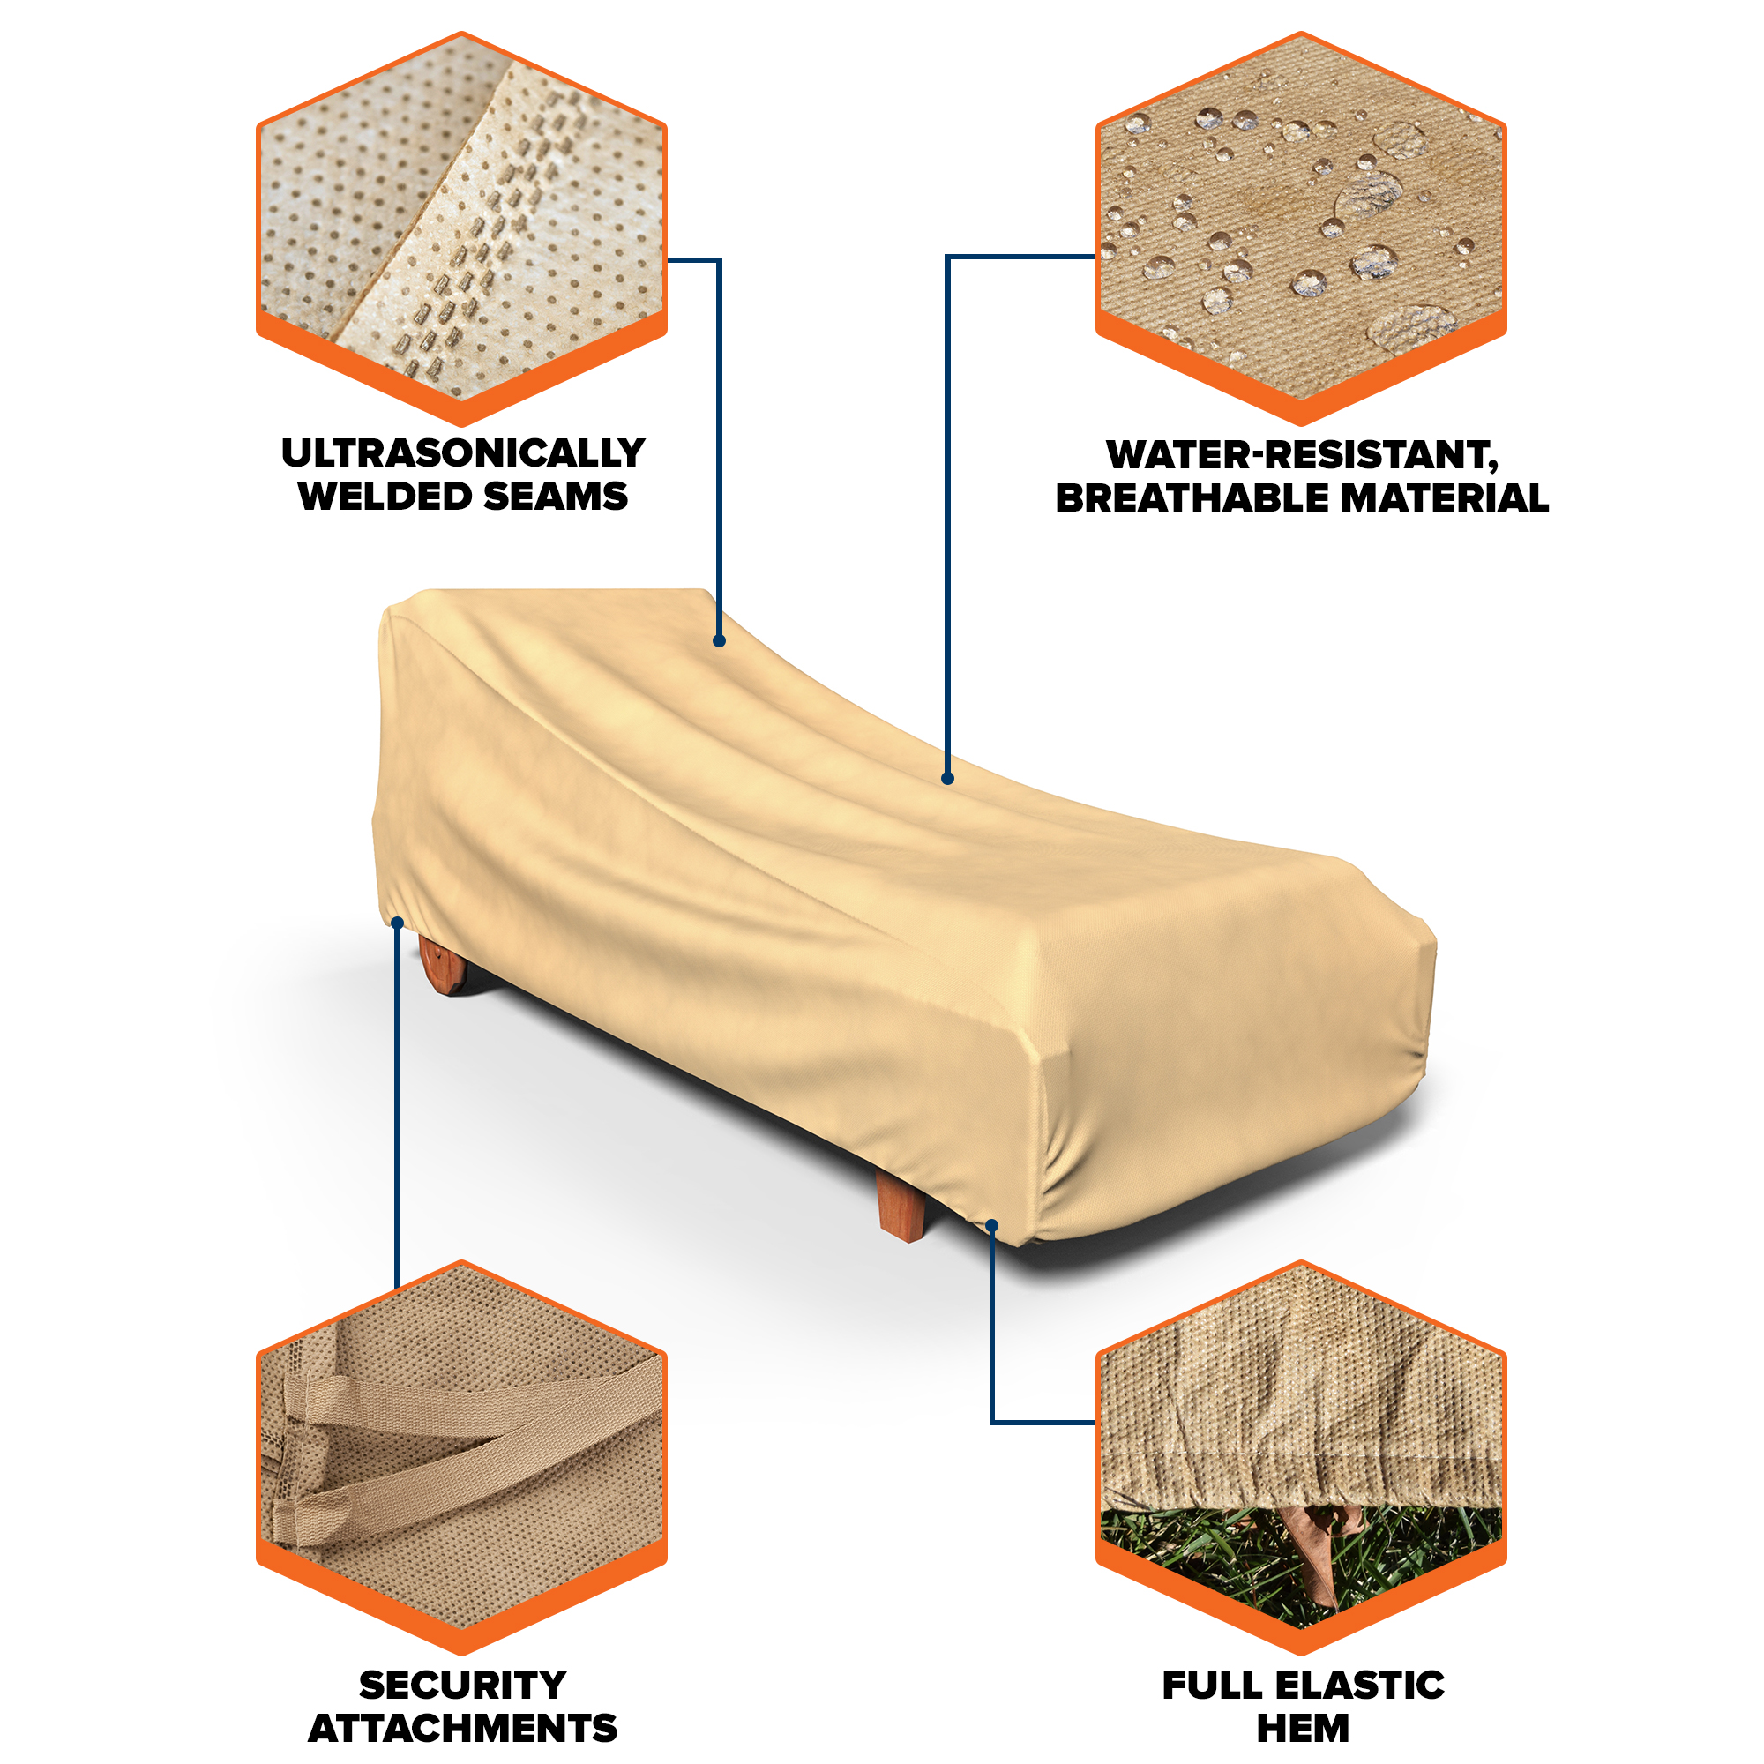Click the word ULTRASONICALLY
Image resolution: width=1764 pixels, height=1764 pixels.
pos(463,452)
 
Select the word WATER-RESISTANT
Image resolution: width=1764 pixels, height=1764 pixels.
pos(1302,456)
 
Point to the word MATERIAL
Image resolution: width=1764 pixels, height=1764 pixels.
pos(1445,498)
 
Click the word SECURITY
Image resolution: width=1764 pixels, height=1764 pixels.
pos(463,1685)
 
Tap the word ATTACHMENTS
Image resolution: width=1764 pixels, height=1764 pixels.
pos(463,1729)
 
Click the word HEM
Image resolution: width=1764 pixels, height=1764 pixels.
pos(1303,1729)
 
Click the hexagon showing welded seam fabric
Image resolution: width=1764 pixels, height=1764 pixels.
pos(461,228)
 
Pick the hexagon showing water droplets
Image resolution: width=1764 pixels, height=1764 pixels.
pos(1301,228)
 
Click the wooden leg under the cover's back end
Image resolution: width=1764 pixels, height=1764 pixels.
pos(443,965)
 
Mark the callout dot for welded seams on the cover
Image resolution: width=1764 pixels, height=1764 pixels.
pos(720,641)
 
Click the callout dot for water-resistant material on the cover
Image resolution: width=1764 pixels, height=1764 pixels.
pos(948,779)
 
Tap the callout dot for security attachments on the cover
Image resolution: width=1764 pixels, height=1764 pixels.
pos(397,923)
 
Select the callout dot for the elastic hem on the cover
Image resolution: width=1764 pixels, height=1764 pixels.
pos(992,1225)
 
